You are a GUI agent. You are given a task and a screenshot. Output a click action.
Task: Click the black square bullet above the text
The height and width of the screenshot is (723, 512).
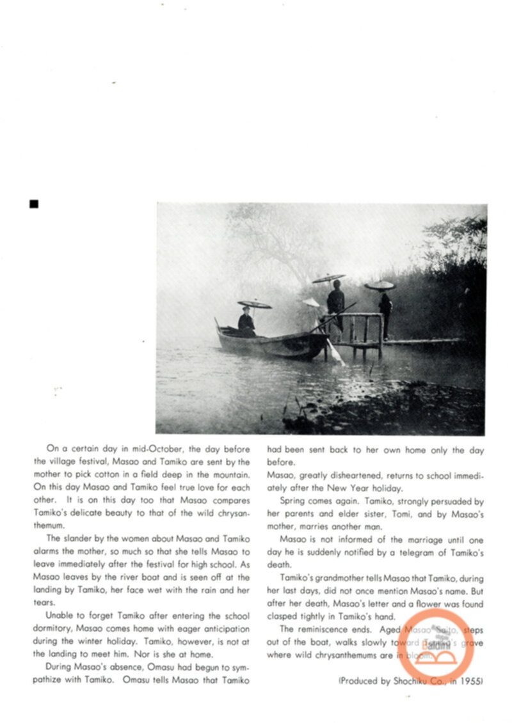click(x=34, y=204)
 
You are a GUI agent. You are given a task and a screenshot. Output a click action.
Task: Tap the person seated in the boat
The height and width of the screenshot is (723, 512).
click(x=246, y=323)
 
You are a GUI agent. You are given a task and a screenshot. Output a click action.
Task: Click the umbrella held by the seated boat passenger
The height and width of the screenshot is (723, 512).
click(x=254, y=304)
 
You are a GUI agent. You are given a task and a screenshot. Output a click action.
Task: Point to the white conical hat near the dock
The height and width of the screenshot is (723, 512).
click(x=312, y=302)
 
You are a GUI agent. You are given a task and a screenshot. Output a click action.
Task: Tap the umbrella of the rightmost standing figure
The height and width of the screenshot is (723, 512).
click(x=380, y=285)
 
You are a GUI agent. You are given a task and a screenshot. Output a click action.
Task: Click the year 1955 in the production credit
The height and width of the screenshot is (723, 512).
click(x=472, y=681)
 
